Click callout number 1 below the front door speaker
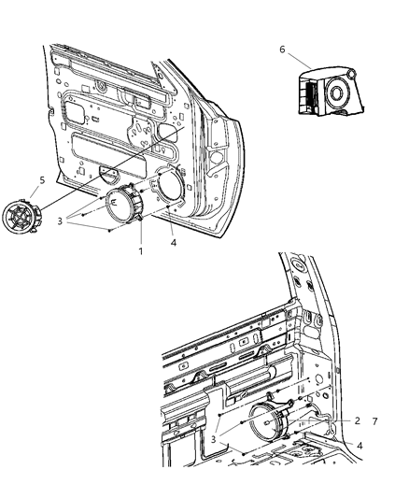pyautogui.click(x=139, y=251)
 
